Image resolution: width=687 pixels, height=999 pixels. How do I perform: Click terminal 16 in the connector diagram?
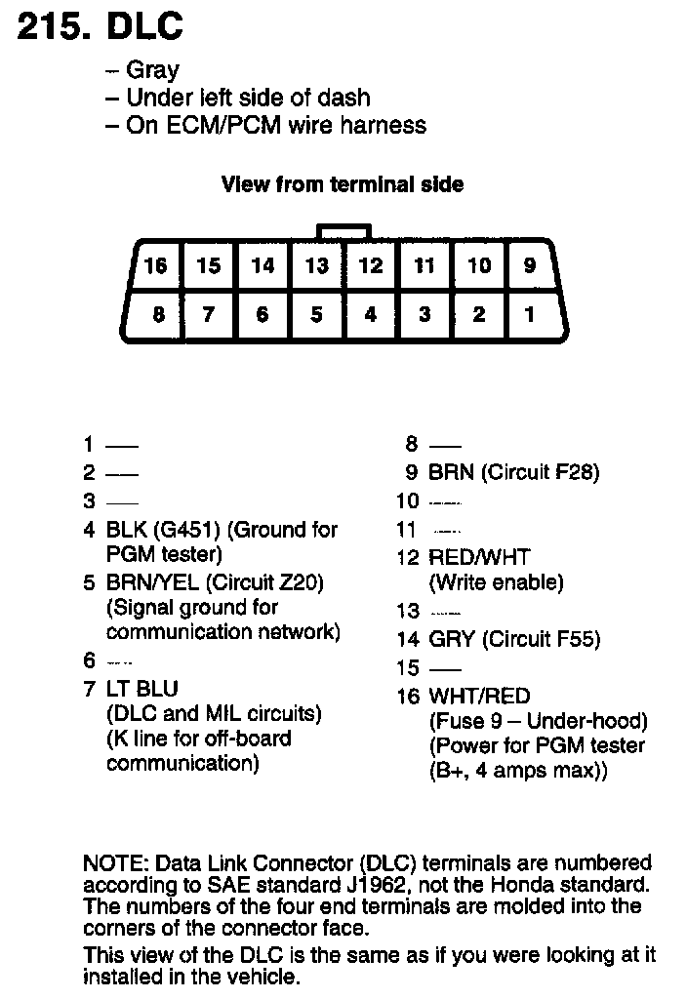pyautogui.click(x=155, y=265)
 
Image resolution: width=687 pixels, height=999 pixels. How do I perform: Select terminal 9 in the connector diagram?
pyautogui.click(x=530, y=265)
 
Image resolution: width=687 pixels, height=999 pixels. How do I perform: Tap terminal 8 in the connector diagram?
pyautogui.click(x=158, y=315)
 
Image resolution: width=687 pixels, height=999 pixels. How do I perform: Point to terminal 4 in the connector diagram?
pyautogui.click(x=370, y=315)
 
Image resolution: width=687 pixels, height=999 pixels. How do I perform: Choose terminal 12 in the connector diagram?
pyautogui.click(x=370, y=265)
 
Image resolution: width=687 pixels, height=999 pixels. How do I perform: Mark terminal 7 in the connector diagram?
pyautogui.click(x=209, y=315)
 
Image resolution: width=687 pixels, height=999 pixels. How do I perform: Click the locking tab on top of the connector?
pyautogui.click(x=343, y=232)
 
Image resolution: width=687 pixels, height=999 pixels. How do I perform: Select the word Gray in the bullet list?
pyautogui.click(x=153, y=70)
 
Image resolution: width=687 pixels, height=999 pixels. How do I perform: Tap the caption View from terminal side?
pyautogui.click(x=343, y=183)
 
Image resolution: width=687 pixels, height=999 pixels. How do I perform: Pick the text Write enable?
pyautogui.click(x=497, y=582)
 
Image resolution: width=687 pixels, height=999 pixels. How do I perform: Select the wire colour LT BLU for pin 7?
pyautogui.click(x=142, y=689)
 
